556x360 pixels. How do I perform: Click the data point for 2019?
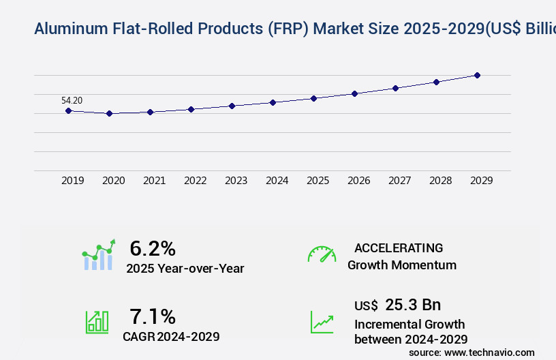[68, 110]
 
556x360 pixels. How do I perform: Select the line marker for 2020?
[109, 113]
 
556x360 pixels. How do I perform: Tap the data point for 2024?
[273, 102]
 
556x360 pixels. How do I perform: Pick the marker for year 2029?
[477, 75]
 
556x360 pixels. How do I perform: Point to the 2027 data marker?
[395, 88]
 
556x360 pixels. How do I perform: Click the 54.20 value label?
[72, 100]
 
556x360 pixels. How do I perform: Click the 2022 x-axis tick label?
[195, 181]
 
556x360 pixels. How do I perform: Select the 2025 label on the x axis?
[318, 181]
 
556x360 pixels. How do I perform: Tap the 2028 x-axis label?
[440, 181]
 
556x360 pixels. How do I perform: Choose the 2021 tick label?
[154, 181]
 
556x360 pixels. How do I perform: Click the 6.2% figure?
[153, 248]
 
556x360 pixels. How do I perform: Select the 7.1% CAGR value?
[153, 316]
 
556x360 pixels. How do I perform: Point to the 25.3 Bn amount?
[413, 305]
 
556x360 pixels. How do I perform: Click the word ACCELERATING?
[399, 248]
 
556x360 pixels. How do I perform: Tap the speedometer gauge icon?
[322, 254]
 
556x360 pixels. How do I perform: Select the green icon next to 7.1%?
[97, 322]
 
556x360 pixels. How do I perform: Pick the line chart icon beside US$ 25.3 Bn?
[322, 322]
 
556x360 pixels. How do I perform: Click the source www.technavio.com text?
[472, 352]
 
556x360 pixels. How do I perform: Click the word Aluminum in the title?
[67, 29]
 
